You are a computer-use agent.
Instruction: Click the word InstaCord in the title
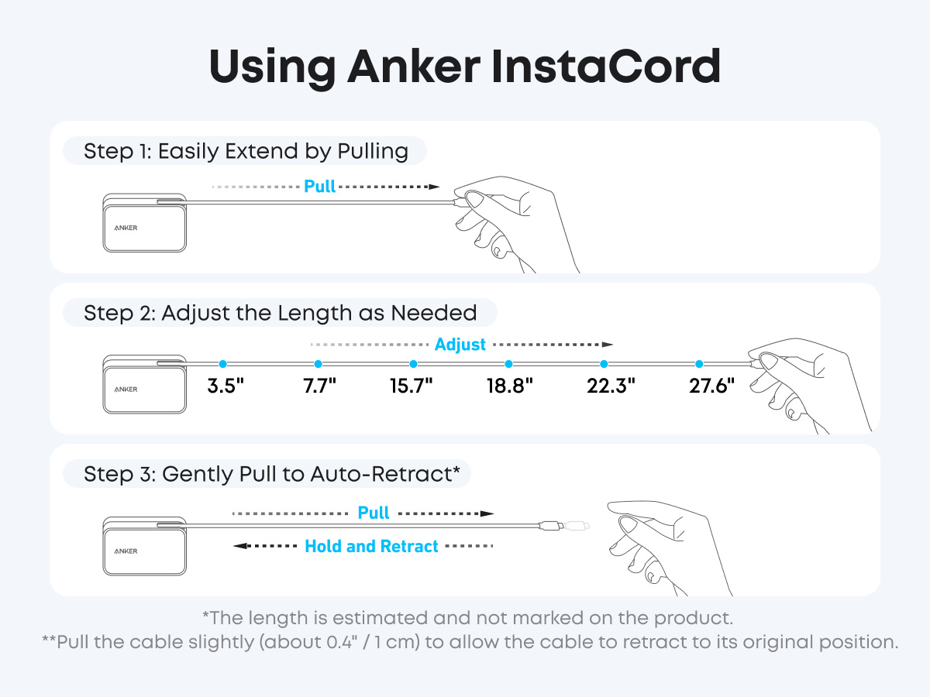click(606, 67)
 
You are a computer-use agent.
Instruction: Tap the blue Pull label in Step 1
click(319, 186)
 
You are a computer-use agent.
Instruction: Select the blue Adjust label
click(460, 345)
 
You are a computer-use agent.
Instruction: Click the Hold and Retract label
click(371, 546)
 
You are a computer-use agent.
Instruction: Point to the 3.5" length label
click(226, 386)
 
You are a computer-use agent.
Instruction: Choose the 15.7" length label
click(411, 386)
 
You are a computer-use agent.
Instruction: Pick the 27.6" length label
click(711, 386)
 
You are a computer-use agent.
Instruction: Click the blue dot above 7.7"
click(319, 364)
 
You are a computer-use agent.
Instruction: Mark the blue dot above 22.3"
click(604, 364)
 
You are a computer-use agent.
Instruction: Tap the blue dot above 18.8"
click(509, 364)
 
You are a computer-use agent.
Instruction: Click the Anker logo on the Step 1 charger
click(126, 228)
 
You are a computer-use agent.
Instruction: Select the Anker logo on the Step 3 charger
click(126, 551)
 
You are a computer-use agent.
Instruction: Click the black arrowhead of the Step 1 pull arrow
click(434, 187)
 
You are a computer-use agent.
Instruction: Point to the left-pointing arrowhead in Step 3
click(239, 546)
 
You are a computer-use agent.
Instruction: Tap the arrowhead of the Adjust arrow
click(608, 345)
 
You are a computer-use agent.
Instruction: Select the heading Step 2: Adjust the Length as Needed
click(280, 313)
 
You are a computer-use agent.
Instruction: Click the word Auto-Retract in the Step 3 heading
click(381, 473)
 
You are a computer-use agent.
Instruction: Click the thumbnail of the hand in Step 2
click(769, 362)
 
